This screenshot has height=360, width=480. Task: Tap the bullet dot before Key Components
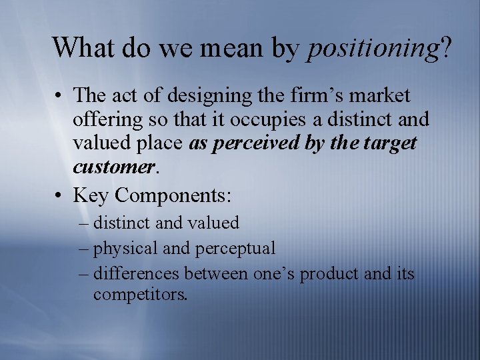click(x=59, y=195)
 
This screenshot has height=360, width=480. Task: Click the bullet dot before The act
click(x=59, y=95)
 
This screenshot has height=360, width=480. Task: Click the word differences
click(x=137, y=273)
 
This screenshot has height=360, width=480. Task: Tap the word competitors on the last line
click(x=141, y=294)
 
